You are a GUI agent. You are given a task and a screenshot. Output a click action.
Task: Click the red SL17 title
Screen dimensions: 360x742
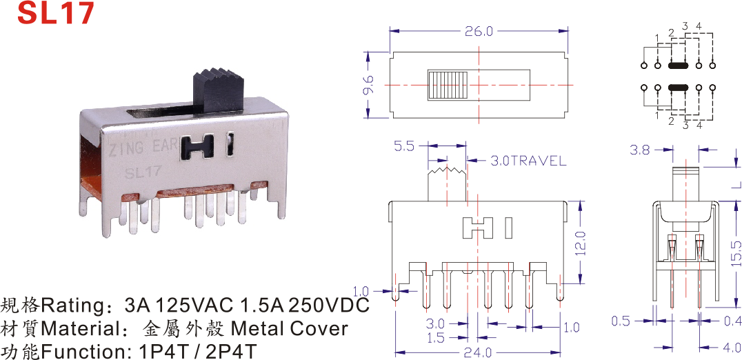[x=55, y=13]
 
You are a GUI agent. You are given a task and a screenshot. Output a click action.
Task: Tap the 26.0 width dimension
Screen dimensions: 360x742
[x=480, y=32]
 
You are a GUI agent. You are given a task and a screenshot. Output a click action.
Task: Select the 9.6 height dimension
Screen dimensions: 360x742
[x=368, y=85]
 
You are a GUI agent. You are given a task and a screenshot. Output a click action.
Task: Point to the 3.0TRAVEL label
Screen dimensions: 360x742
[x=528, y=161]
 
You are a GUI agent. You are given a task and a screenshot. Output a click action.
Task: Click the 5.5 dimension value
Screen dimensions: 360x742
[x=404, y=146]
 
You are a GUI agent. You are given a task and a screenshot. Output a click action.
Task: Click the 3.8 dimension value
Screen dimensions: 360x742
[x=640, y=149]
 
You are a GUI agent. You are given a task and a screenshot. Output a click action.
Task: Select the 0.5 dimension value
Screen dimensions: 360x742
[x=621, y=320]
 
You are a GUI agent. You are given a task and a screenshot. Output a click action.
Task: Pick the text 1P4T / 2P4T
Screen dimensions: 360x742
[x=197, y=351]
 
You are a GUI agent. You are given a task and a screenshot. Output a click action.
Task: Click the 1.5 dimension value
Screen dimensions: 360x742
[x=435, y=338]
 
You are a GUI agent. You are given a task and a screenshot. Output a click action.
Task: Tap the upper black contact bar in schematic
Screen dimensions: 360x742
[x=679, y=66]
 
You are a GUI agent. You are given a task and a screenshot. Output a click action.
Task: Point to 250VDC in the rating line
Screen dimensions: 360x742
[x=328, y=305]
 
